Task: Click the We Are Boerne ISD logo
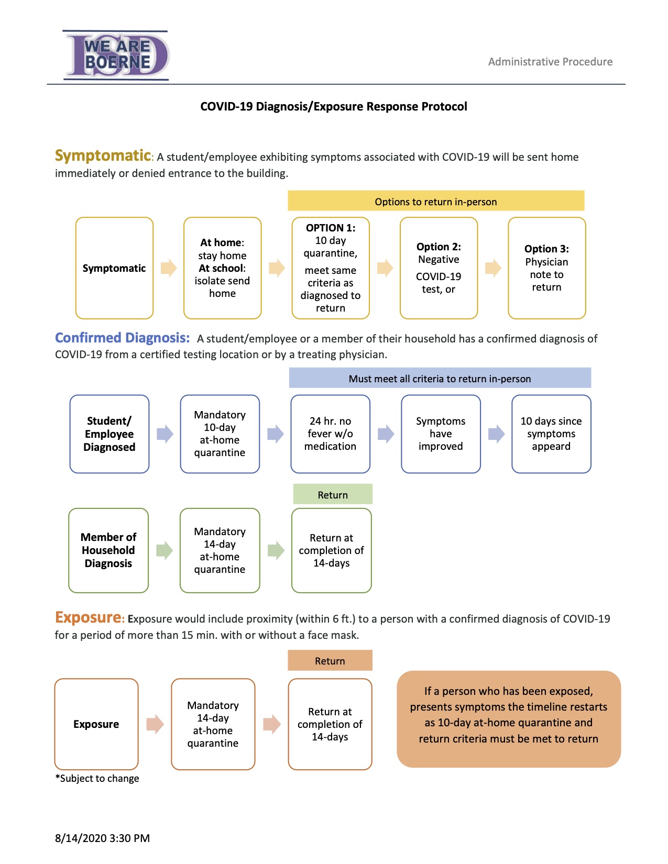(x=116, y=56)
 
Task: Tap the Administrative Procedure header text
(x=550, y=62)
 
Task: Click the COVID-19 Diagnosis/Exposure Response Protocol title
(x=333, y=106)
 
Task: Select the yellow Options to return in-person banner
(x=436, y=201)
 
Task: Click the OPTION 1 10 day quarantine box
(x=330, y=268)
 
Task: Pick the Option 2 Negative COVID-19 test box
(x=439, y=268)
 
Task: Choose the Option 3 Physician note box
(x=546, y=268)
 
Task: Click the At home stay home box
(x=222, y=268)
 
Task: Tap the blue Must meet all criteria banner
(x=440, y=378)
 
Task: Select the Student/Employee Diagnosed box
(x=109, y=434)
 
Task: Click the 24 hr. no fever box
(x=330, y=434)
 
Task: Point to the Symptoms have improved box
(x=441, y=434)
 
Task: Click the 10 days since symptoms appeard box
(x=551, y=434)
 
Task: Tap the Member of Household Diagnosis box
(x=108, y=550)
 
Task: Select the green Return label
(x=333, y=494)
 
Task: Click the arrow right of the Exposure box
(x=155, y=724)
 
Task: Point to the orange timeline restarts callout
(x=508, y=719)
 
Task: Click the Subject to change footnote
(x=97, y=778)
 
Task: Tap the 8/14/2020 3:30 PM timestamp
(x=102, y=838)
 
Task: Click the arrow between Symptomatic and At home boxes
(x=168, y=268)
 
